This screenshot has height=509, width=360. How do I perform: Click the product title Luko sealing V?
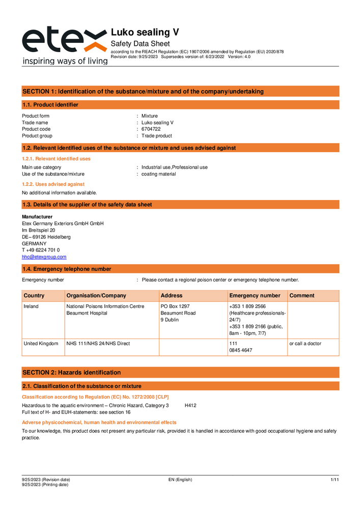point(145,32)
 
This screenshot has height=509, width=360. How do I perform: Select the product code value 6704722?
point(151,129)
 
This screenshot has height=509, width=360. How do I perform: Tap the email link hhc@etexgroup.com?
point(44,257)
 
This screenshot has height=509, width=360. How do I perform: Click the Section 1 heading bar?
point(180,92)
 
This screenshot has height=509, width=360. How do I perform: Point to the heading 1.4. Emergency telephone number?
point(66,269)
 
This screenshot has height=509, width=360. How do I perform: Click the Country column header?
point(34,296)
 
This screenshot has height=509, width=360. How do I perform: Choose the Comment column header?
point(302,296)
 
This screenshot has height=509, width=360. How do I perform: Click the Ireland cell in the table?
point(31,306)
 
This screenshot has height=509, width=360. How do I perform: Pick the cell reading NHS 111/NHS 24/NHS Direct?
point(98,344)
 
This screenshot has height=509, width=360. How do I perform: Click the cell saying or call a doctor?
point(305,344)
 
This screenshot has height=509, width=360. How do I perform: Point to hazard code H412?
point(190,406)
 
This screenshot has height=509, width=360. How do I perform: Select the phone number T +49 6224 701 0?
point(41,250)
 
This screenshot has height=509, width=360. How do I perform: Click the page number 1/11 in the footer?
point(335,480)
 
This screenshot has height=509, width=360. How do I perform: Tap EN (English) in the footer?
point(180,480)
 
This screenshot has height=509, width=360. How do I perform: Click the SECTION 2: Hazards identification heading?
point(72,373)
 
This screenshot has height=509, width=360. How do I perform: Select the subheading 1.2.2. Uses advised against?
point(53,184)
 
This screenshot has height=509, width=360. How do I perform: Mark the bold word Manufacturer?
point(37,217)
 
